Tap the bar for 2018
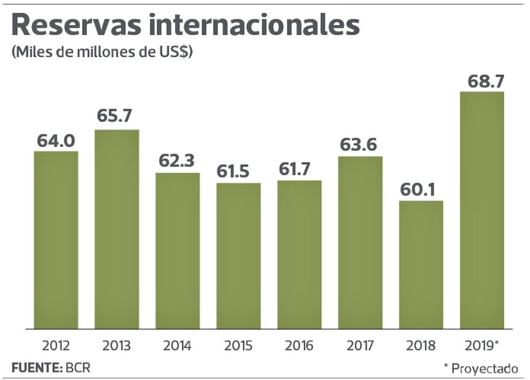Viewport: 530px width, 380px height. click(421, 264)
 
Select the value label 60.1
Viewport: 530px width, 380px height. click(421, 190)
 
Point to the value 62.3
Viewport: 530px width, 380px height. click(177, 161)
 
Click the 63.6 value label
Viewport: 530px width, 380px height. click(360, 145)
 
